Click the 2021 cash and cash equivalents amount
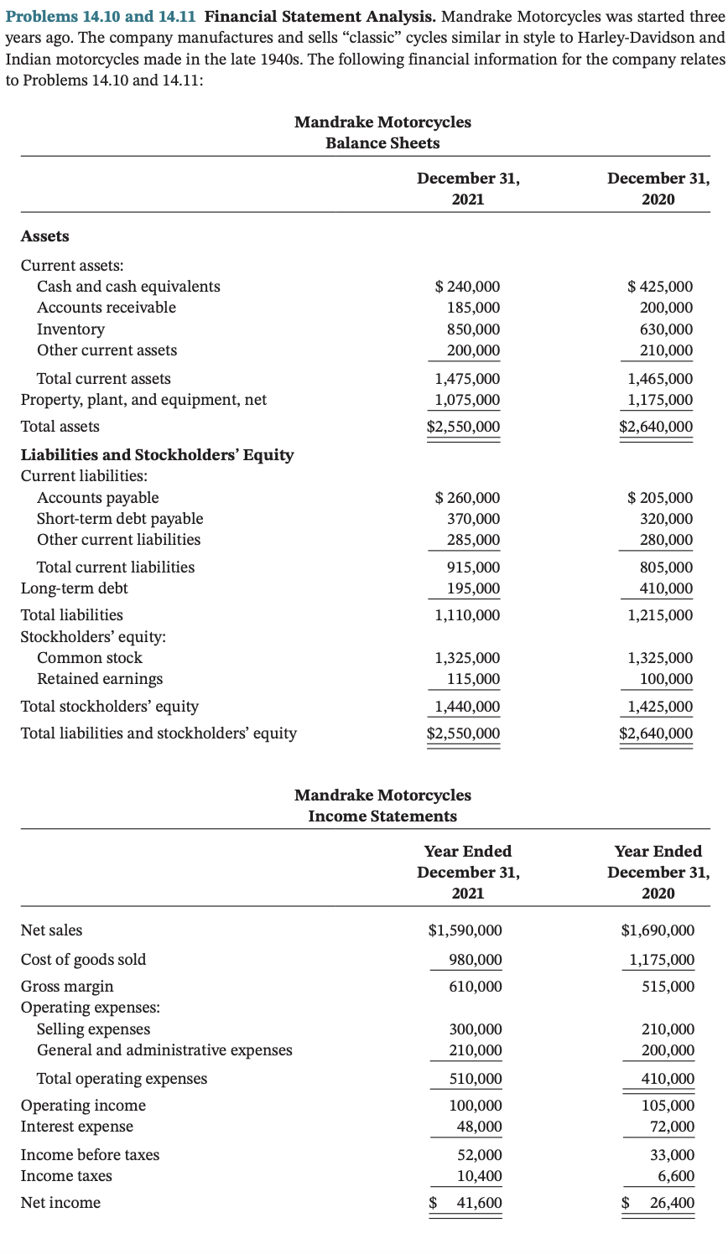point(467,287)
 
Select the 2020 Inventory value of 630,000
point(667,329)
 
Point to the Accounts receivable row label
point(107,308)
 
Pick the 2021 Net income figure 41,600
point(478,1203)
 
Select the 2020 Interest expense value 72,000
point(672,1127)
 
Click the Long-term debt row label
point(74,588)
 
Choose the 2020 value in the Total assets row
point(656,427)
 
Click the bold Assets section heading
point(44,236)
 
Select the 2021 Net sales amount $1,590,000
point(465,930)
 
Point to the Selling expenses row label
point(94,1029)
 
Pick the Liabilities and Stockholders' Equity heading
point(157,455)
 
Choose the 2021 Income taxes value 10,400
point(479,1176)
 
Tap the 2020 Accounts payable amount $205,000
point(660,498)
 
